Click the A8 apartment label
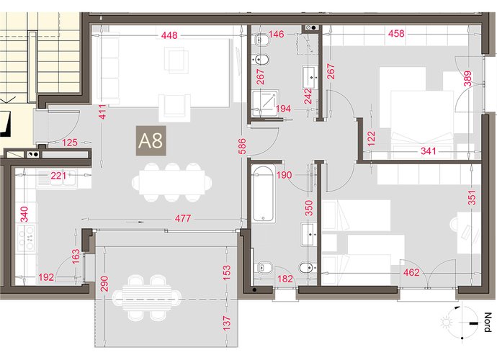151,140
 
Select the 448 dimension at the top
169,35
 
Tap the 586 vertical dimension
242,146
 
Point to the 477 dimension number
183,218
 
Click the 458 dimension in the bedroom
396,33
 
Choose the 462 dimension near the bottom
411,272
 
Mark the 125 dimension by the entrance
69,143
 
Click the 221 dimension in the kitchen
58,175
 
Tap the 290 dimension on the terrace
104,284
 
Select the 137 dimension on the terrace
227,323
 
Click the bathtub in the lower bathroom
263,194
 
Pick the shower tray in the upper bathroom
266,103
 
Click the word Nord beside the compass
488,322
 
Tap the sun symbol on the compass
447,323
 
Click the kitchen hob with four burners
26,238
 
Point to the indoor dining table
172,182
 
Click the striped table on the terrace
147,298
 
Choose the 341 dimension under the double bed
429,151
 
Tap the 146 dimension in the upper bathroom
277,34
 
